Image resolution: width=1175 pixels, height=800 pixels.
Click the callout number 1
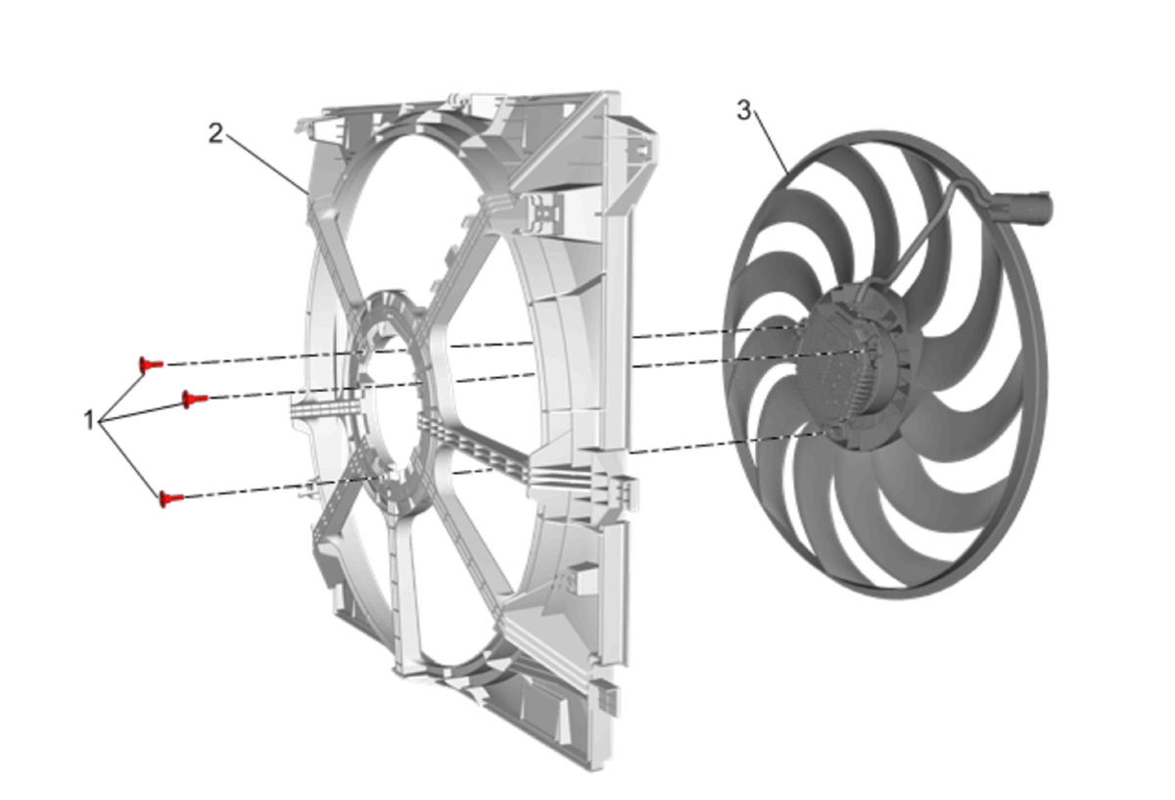click(x=89, y=420)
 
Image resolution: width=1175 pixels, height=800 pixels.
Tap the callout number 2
click(x=215, y=134)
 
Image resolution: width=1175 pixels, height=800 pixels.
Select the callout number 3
click(x=744, y=111)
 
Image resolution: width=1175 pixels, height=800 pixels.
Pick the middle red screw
click(x=194, y=399)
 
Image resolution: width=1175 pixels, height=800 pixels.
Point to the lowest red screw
click(x=171, y=498)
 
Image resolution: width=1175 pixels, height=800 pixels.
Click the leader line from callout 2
click(x=266, y=164)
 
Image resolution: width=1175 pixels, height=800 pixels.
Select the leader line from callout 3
click(x=772, y=143)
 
